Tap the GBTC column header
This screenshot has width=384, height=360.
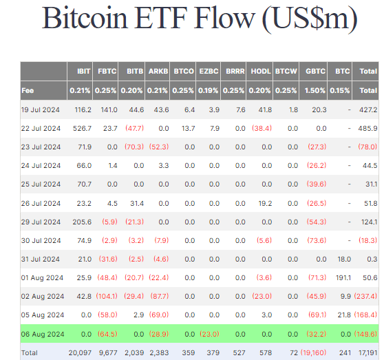tap(316, 71)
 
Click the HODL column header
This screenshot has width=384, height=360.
tap(261, 71)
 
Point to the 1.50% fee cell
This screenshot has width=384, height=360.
tap(316, 90)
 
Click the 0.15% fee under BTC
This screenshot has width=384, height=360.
tap(341, 90)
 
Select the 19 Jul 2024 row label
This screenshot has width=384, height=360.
tap(41, 109)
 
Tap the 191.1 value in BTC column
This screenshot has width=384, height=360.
tap(342, 276)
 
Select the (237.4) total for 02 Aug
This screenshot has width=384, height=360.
tap(366, 295)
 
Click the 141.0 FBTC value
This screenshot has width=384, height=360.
tap(108, 109)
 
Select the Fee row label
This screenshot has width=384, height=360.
tap(28, 90)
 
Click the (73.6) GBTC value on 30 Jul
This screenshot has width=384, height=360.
tap(316, 239)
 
